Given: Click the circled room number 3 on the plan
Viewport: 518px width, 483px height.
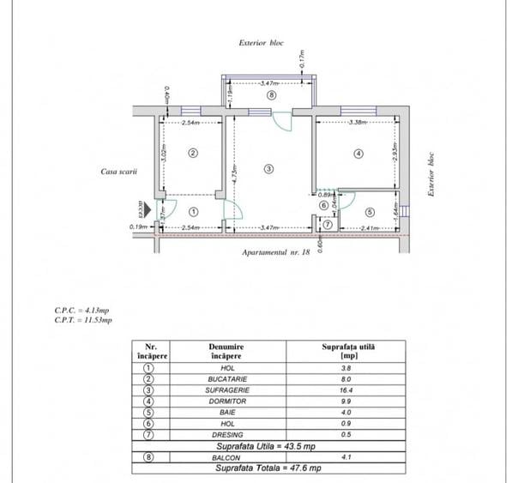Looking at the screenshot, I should [268, 169].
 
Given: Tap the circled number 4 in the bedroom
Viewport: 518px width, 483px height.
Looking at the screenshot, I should [358, 154].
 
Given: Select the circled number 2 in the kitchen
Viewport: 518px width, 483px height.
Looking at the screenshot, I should [193, 154].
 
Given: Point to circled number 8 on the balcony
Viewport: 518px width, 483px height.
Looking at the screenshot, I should [271, 96].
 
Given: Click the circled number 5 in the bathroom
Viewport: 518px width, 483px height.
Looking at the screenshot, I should [370, 212].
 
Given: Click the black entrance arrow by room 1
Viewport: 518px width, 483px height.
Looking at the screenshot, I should [148, 209].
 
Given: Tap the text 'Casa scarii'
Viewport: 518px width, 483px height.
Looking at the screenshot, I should [119, 172].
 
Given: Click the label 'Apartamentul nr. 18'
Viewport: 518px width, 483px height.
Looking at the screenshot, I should [276, 253].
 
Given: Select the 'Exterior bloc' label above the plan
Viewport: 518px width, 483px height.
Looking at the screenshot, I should [261, 42].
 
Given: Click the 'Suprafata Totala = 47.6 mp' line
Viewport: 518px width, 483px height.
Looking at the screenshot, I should [268, 468].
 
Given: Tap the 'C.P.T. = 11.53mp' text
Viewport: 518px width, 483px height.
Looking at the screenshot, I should [82, 320].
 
